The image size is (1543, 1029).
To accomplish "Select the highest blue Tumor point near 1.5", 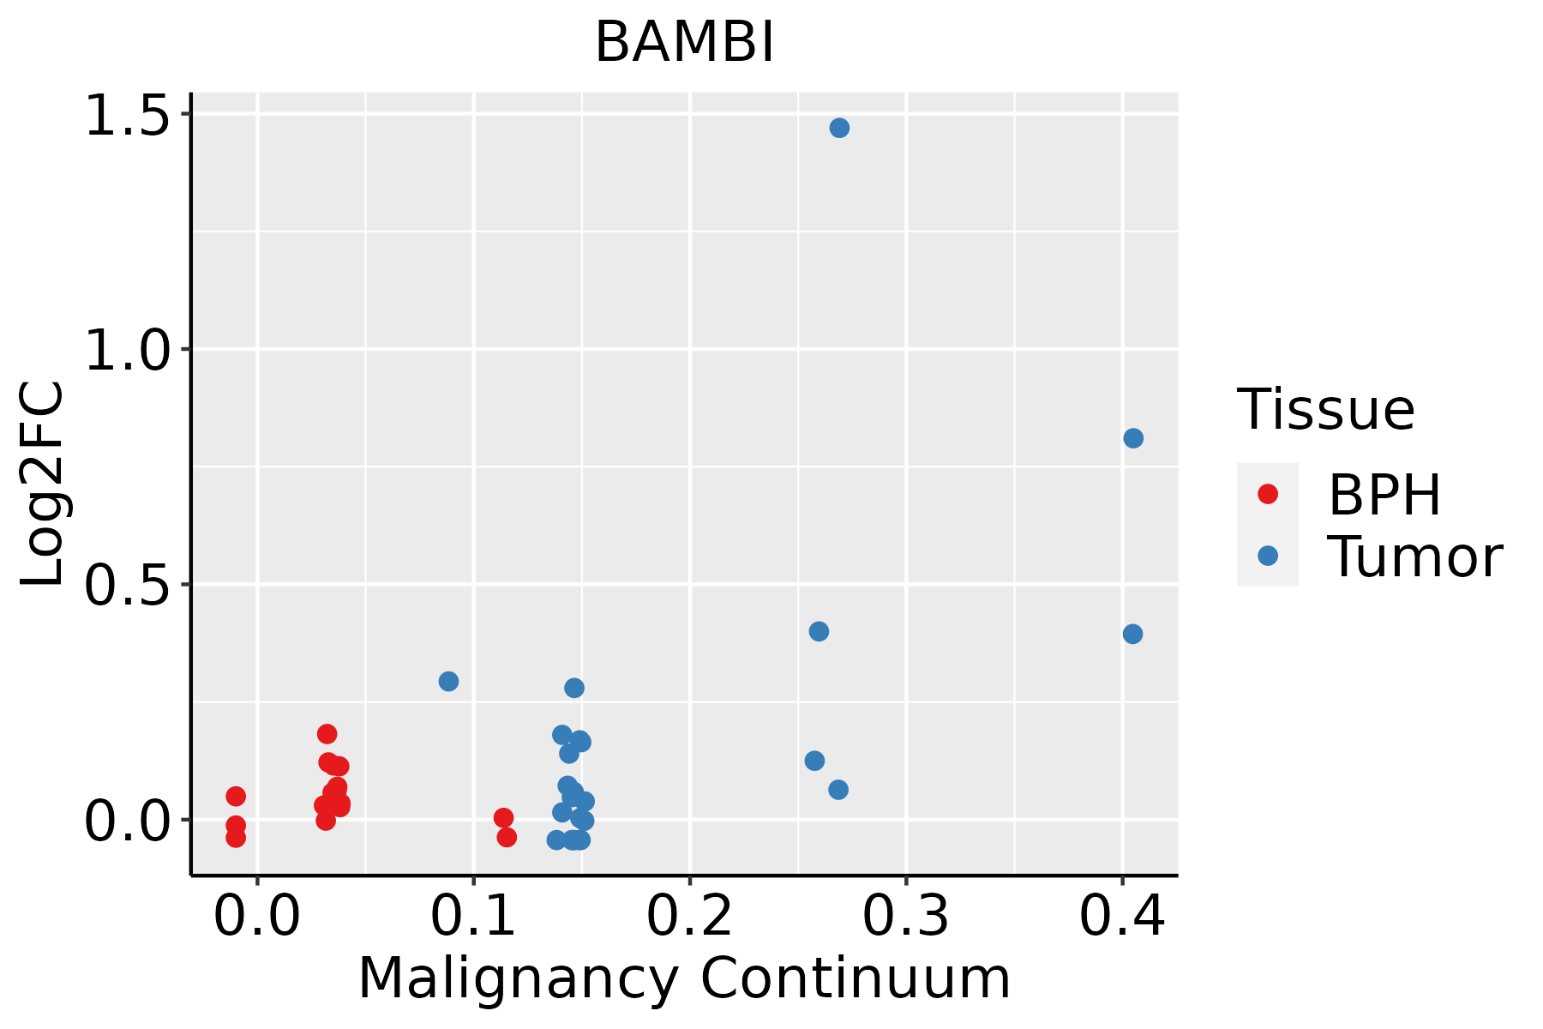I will pos(839,128).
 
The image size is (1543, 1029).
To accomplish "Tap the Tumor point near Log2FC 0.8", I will pos(1133,438).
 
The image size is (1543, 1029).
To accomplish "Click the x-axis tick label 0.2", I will pos(689,916).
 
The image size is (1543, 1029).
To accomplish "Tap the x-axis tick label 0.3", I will pos(905,916).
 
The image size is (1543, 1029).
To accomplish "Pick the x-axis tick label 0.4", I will pos(1121,916).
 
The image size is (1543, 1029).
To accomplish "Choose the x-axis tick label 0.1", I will pos(473,916).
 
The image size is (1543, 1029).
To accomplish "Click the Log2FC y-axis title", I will pos(43,484).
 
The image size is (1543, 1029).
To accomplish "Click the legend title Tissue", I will pos(1326,410).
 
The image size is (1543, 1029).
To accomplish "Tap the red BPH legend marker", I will pos(1267,494).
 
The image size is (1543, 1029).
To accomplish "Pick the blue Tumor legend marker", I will pos(1267,556).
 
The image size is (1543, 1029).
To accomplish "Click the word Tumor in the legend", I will pos(1414,557).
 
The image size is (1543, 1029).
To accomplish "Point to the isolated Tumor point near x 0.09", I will pos(448,682).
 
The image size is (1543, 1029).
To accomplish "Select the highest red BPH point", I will pos(327,734).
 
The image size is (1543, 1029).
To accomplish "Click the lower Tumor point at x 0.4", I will pos(1132,635).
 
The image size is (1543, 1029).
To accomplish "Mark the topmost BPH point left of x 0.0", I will pos(236,797).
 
